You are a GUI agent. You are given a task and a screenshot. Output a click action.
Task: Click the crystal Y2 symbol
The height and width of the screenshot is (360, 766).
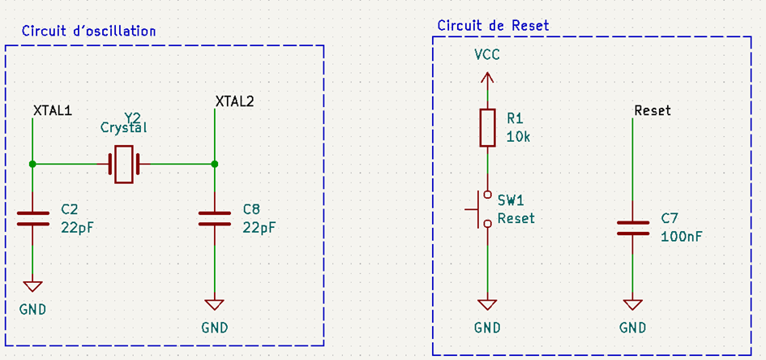[123, 164]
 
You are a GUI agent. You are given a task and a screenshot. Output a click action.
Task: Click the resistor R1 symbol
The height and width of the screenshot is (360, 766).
[486, 127]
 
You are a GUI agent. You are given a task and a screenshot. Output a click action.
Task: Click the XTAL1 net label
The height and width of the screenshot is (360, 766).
[53, 110]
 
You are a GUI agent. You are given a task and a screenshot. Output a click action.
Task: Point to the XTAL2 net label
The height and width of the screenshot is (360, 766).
[234, 101]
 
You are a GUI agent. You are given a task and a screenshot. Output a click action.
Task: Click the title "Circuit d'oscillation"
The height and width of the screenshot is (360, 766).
[88, 31]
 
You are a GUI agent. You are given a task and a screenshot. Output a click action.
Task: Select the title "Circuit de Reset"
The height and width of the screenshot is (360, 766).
[493, 25]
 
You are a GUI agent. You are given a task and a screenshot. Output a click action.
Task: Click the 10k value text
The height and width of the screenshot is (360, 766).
[518, 137]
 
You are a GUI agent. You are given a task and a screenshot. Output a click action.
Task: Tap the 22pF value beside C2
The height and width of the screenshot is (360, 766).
[77, 227]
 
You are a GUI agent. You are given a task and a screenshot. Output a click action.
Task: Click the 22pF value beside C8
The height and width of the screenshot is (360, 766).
[259, 227]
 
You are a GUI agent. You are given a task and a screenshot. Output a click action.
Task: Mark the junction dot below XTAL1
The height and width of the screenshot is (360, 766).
[32, 164]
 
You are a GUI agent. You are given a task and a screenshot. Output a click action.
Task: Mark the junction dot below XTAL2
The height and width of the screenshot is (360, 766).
[214, 164]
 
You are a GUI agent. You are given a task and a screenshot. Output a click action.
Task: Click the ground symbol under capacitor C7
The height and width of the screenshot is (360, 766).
[632, 305]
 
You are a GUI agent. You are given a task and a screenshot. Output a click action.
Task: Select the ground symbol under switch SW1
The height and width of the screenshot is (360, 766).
[486, 305]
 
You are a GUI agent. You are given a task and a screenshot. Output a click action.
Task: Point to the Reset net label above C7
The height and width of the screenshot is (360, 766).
[653, 110]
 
